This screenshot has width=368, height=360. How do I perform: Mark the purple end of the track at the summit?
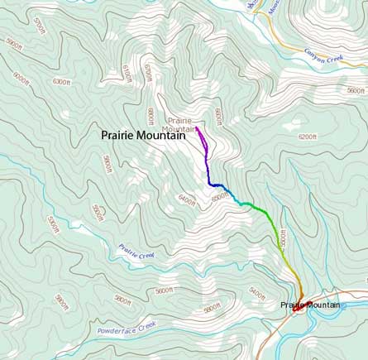[198, 128]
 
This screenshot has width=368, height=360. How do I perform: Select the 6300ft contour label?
[62, 82]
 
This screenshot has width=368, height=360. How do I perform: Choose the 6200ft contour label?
[308, 136]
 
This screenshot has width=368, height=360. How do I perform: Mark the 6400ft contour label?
[187, 199]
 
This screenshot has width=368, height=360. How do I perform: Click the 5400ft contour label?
[257, 294]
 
